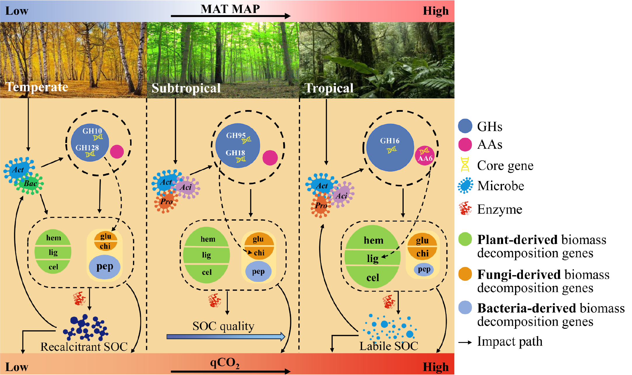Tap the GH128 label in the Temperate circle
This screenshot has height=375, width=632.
pyautogui.click(x=87, y=148)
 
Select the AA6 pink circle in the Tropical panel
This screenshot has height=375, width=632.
pyautogui.click(x=425, y=156)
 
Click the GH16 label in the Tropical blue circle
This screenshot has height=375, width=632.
pyautogui.click(x=390, y=141)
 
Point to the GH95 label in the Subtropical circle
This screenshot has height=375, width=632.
pyautogui.click(x=236, y=135)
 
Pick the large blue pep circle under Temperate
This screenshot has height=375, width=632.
pyautogui.click(x=104, y=266)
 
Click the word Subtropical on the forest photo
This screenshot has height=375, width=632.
pyautogui.click(x=186, y=88)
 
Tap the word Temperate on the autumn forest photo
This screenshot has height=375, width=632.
pyautogui.click(x=37, y=87)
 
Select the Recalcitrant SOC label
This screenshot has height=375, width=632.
pyautogui.click(x=84, y=347)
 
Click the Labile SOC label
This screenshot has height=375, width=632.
pyautogui.click(x=388, y=346)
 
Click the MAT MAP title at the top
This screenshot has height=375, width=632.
pyautogui.click(x=230, y=9)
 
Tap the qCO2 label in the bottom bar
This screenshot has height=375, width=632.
pyautogui.click(x=225, y=363)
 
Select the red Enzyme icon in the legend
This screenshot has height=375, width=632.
pyautogui.click(x=465, y=208)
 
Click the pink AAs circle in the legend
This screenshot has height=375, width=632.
pyautogui.click(x=465, y=145)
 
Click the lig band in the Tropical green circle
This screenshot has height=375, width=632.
pyautogui.click(x=372, y=258)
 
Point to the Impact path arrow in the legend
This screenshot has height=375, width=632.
pyautogui.click(x=465, y=342)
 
